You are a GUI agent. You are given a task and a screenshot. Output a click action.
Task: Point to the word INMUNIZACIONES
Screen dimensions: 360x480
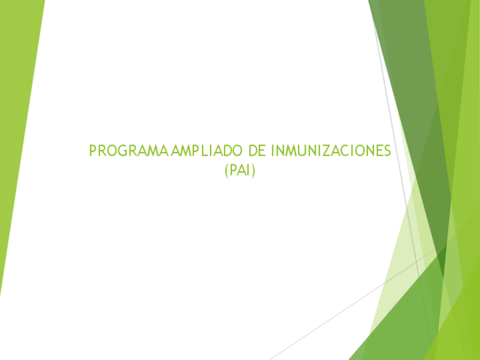tap(331, 151)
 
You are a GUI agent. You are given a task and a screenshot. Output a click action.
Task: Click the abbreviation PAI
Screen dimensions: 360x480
tap(240, 169)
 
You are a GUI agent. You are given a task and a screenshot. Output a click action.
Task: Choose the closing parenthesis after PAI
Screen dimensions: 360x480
tap(254, 170)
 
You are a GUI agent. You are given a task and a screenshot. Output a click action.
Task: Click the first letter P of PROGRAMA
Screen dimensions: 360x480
tap(93, 151)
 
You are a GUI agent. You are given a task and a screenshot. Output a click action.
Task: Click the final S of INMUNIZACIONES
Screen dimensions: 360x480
tap(387, 151)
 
